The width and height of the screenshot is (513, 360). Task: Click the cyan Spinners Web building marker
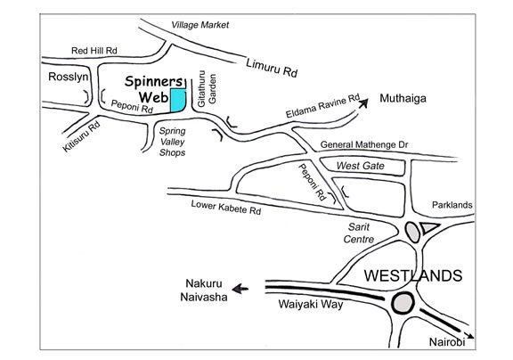pyautogui.click(x=178, y=101)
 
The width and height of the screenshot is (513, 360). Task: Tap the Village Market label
pyautogui.click(x=199, y=25)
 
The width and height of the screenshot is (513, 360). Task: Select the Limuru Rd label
pyautogui.click(x=272, y=68)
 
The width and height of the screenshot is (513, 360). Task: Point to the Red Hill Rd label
pyautogui.click(x=94, y=51)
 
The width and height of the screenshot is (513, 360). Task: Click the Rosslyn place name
pyautogui.click(x=69, y=77)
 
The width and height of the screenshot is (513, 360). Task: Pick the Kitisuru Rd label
pyautogui.click(x=81, y=136)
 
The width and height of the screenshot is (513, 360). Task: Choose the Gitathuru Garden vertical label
pyautogui.click(x=207, y=89)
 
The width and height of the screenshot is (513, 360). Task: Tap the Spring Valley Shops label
pyautogui.click(x=173, y=142)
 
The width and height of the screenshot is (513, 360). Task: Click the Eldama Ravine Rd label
pyautogui.click(x=322, y=105)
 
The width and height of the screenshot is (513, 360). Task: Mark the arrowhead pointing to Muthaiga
pyautogui.click(x=363, y=103)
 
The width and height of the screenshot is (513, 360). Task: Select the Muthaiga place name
pyautogui.click(x=403, y=98)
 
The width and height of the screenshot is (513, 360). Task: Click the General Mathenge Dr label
pyautogui.click(x=364, y=144)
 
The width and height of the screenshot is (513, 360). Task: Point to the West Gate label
pyautogui.click(x=360, y=166)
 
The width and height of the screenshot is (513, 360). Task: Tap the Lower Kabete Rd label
pyautogui.click(x=226, y=208)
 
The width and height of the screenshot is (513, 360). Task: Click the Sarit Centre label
pyautogui.click(x=359, y=233)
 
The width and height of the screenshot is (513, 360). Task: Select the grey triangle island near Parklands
pyautogui.click(x=429, y=228)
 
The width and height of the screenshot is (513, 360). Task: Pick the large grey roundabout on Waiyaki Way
pyautogui.click(x=403, y=303)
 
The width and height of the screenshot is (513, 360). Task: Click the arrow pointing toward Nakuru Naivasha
pyautogui.click(x=240, y=289)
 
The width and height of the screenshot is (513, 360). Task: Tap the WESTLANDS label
pyautogui.click(x=413, y=275)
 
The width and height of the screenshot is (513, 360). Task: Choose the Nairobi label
pyautogui.click(x=447, y=342)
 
